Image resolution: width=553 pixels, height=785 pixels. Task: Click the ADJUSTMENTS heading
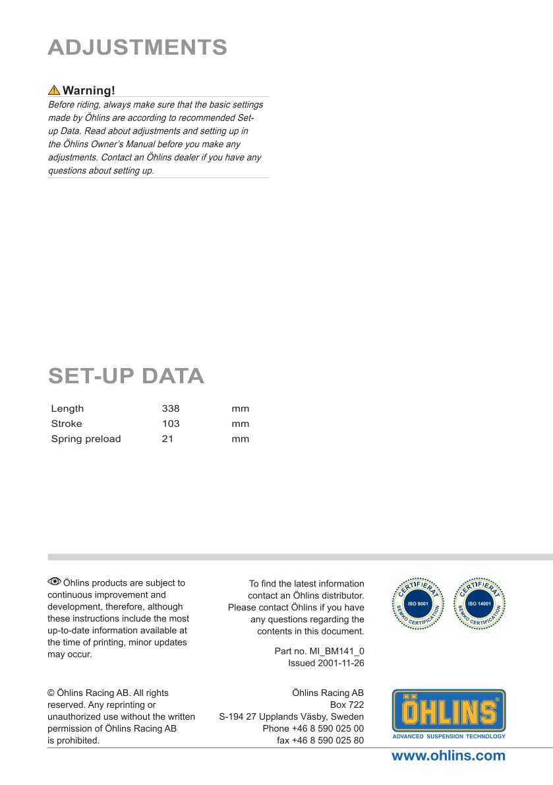tap(138, 47)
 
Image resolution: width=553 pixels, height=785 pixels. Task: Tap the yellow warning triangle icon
tap(54, 90)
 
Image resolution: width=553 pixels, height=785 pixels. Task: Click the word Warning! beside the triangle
tap(89, 90)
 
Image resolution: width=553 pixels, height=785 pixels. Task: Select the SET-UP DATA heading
tap(126, 376)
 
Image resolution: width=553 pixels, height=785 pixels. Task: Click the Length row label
tap(67, 409)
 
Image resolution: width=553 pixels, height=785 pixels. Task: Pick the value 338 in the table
tap(171, 409)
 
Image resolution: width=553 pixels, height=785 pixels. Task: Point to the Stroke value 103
tap(171, 424)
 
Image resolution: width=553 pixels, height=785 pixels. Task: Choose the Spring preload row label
tap(86, 439)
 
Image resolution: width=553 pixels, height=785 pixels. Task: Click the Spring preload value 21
tap(167, 439)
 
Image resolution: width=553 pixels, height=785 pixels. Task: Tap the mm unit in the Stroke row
tap(240, 424)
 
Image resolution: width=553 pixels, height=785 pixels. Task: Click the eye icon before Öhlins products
tap(54, 582)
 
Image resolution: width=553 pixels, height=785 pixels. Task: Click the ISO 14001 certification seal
tap(480, 604)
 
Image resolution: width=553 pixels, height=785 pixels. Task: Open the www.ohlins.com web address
tap(448, 756)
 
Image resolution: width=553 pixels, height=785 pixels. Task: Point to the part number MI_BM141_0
tap(336, 651)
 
